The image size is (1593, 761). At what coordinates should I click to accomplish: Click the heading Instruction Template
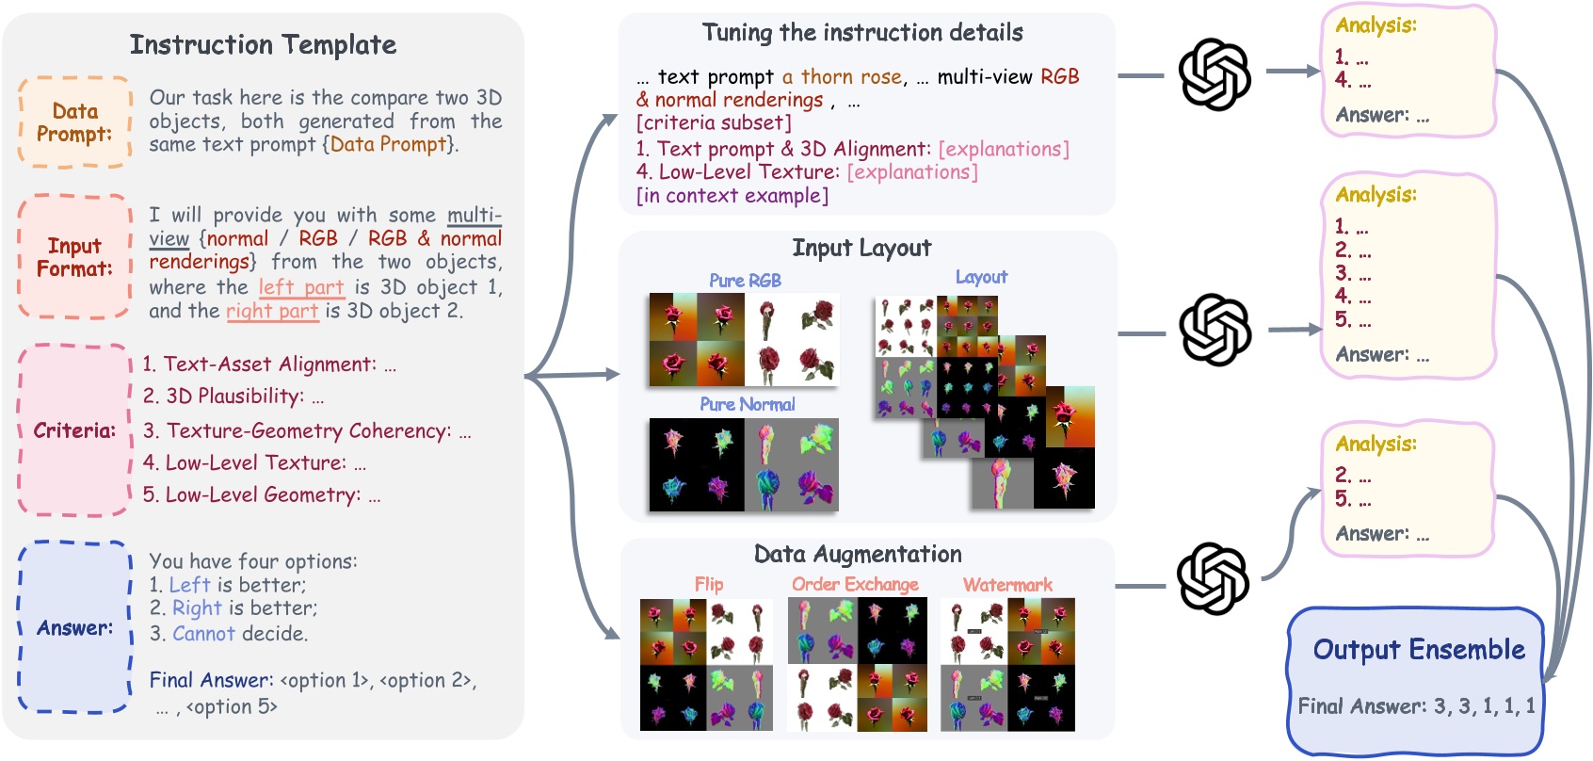(x=263, y=45)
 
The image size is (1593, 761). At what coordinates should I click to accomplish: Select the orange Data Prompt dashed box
(x=74, y=123)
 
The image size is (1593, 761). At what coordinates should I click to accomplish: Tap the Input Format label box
(x=74, y=257)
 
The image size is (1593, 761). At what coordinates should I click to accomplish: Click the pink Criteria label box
(x=74, y=430)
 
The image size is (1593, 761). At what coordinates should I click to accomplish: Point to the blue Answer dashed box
(x=74, y=627)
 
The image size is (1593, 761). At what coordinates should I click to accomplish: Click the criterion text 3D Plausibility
(x=234, y=397)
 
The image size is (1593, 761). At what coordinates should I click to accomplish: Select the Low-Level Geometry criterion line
(x=262, y=495)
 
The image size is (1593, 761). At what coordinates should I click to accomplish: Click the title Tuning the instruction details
(x=862, y=33)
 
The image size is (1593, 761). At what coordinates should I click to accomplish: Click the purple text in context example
(x=732, y=196)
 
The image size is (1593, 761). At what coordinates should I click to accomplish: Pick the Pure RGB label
(x=745, y=281)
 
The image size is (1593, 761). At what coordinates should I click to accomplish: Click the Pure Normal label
(x=747, y=404)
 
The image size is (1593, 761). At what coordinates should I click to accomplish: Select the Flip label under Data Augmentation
(x=709, y=585)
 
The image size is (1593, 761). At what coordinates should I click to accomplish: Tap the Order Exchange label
(x=855, y=585)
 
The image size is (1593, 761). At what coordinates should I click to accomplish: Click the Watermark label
(x=1007, y=585)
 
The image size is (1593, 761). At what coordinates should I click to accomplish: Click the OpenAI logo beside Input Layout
(x=1215, y=331)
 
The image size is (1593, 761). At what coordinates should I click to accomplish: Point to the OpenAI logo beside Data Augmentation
(x=1213, y=578)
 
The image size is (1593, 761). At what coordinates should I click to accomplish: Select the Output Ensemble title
(x=1419, y=650)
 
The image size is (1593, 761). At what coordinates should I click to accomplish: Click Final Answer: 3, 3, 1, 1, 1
(x=1416, y=706)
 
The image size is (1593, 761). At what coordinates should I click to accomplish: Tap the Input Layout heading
(x=861, y=249)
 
